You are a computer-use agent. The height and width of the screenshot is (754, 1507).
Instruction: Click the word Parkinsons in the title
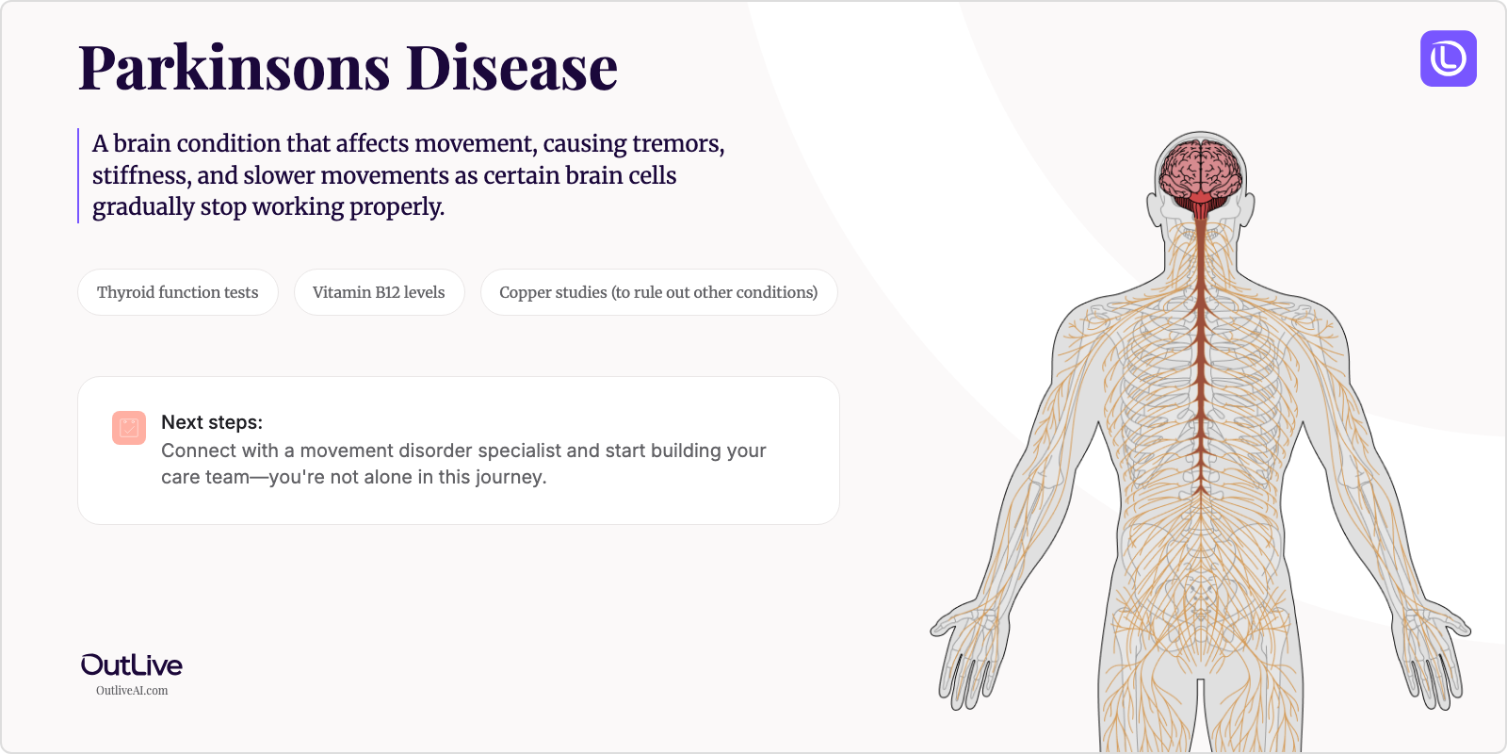234,68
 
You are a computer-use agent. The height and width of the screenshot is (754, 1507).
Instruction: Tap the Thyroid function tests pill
177,292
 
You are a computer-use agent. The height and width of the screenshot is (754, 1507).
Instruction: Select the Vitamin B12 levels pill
379,292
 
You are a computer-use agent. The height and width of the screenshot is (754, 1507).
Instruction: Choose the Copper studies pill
658,292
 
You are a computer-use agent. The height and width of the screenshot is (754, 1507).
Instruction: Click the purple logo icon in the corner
1448,58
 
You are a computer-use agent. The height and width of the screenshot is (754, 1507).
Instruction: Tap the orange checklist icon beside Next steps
129,428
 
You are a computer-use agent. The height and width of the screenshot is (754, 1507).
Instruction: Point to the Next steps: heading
212,422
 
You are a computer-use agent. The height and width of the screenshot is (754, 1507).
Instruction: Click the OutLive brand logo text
132,665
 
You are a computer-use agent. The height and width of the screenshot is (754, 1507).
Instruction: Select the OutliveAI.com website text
132,691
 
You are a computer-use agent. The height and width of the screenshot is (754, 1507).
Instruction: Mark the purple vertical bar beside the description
78,175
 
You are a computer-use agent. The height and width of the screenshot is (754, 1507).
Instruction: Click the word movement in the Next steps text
347,451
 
